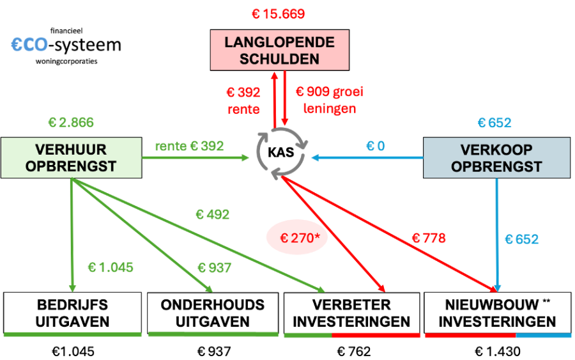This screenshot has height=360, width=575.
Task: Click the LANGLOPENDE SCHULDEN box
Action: (x=279, y=50)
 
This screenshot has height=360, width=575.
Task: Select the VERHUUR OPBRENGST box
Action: (x=71, y=158)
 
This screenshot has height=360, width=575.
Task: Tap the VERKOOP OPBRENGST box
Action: (x=496, y=158)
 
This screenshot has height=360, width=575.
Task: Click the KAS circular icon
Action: (x=281, y=153)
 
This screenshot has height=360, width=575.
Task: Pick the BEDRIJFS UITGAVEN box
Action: (x=73, y=313)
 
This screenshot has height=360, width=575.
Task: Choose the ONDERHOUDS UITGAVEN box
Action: (x=213, y=313)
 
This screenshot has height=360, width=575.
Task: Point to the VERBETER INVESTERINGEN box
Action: (x=351, y=313)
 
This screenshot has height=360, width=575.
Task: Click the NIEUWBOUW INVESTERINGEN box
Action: (x=498, y=313)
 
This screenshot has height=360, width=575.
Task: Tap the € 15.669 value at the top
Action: (x=279, y=14)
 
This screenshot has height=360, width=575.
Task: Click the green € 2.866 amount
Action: (x=71, y=122)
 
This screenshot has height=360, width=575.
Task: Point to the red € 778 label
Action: (x=429, y=238)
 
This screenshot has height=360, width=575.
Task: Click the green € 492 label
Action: (x=213, y=214)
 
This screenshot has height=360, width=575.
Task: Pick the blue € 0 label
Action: (x=376, y=146)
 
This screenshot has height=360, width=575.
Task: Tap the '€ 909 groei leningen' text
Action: (x=329, y=100)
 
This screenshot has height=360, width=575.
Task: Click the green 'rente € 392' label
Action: (x=189, y=146)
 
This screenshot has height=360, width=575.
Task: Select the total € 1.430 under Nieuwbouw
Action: (x=498, y=352)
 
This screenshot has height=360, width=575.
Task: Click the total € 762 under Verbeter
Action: (x=354, y=352)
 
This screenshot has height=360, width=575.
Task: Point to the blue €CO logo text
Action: (x=29, y=45)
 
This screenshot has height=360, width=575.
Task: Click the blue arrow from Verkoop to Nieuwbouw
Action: (x=497, y=235)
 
